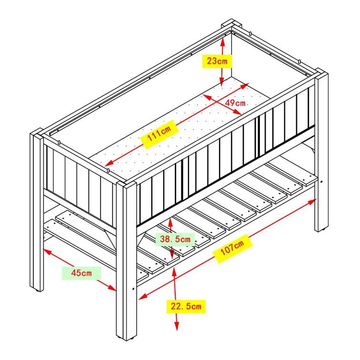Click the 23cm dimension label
(x=217, y=61)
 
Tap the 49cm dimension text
(x=235, y=103)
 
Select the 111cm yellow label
(x=160, y=134)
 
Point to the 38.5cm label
(x=175, y=239)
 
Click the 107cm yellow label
(x=232, y=249)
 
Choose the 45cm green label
(x=81, y=273)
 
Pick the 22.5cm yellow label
(x=186, y=306)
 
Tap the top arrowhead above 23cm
(x=222, y=41)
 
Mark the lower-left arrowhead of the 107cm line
(x=142, y=297)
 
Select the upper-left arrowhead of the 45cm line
(x=47, y=251)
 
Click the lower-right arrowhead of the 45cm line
(x=112, y=288)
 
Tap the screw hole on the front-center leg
(x=133, y=289)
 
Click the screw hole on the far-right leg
(x=321, y=182)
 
